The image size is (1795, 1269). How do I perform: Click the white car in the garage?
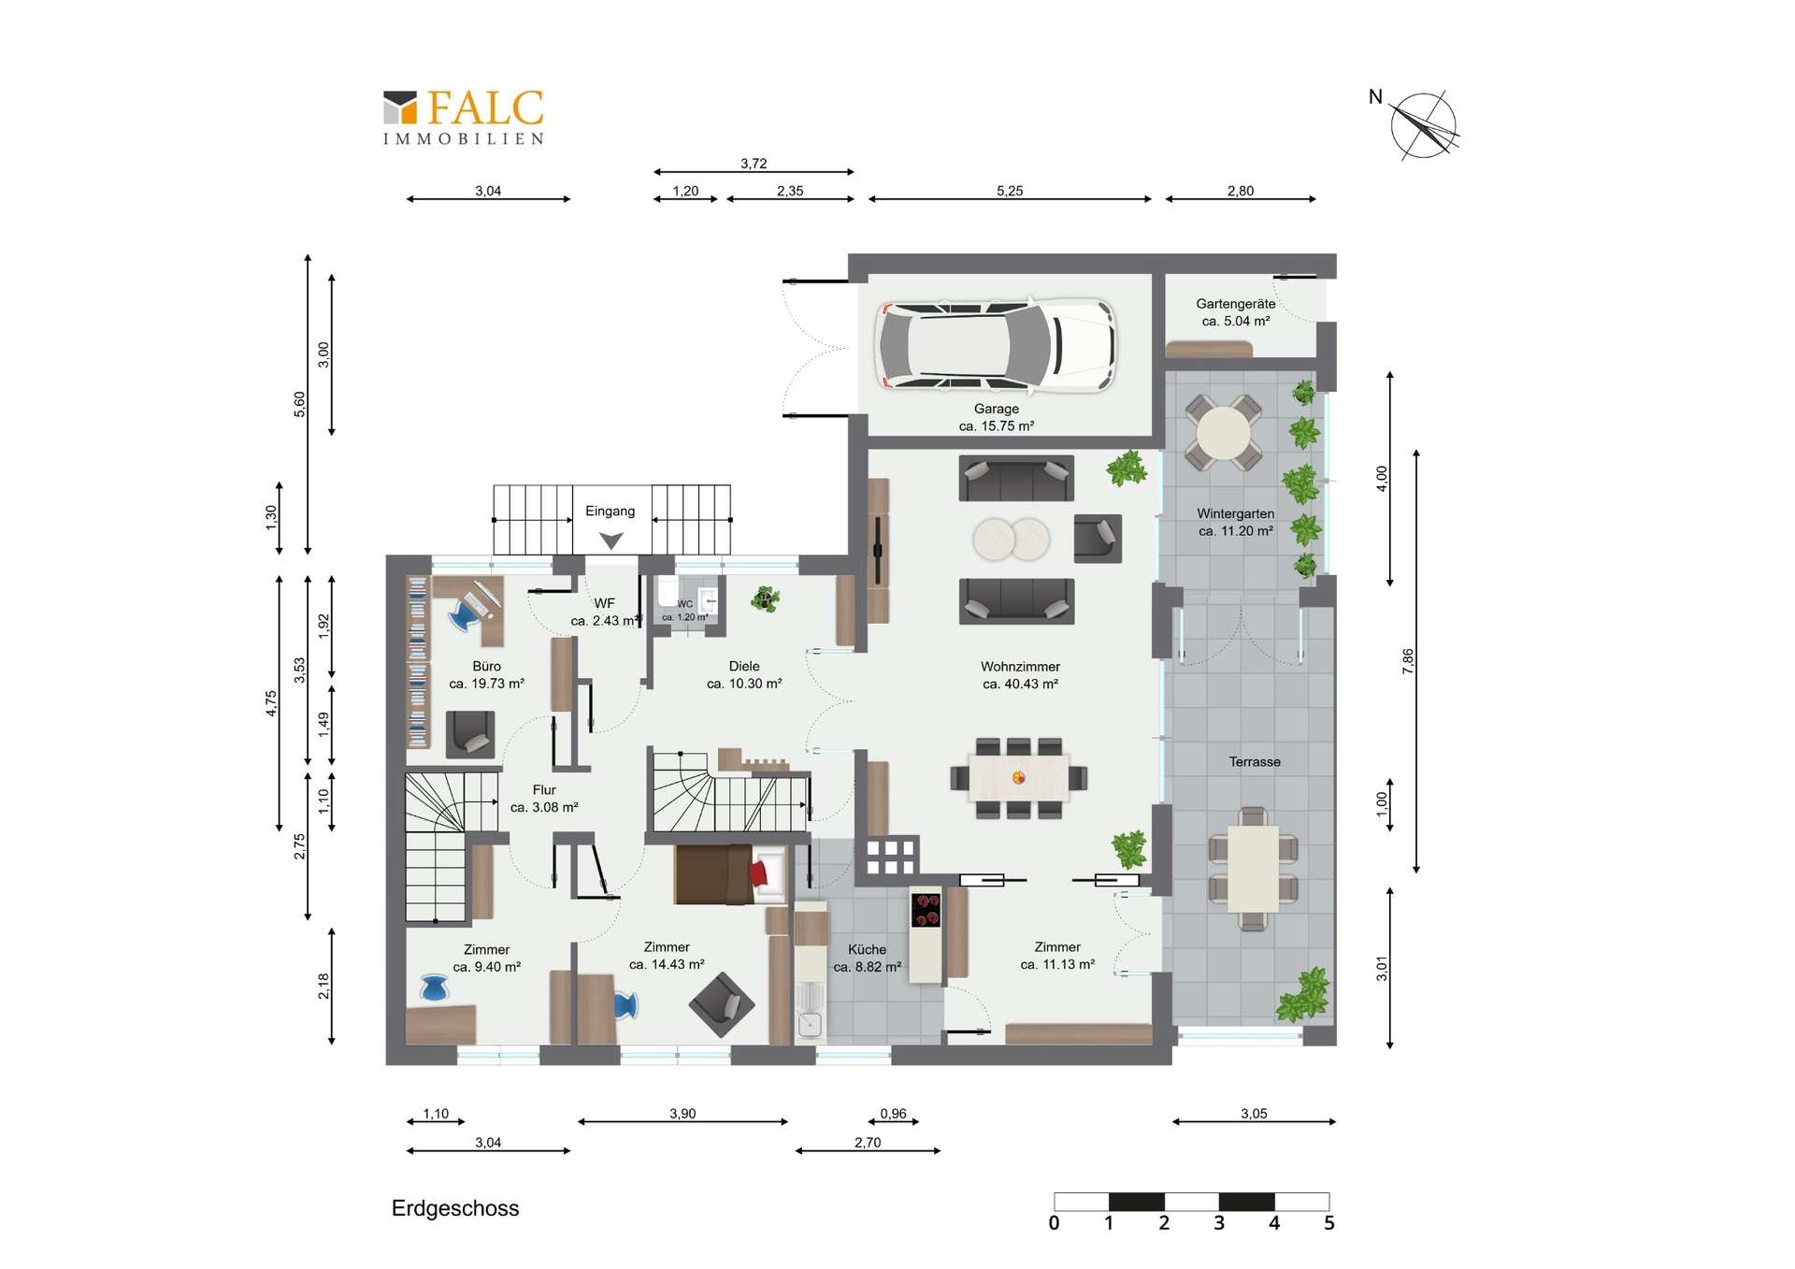click(996, 344)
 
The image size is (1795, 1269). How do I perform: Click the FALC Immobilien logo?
click(464, 117)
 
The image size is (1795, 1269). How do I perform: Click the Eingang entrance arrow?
click(610, 541)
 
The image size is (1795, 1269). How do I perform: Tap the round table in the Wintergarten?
click(1223, 433)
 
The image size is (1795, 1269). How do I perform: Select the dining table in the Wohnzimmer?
click(1019, 777)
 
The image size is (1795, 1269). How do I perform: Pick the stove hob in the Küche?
click(926, 910)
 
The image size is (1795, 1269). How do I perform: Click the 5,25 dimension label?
click(1010, 191)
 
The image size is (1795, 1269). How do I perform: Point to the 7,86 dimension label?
click(1408, 661)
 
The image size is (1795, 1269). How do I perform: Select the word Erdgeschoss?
click(455, 1208)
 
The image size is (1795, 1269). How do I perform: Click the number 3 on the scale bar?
click(1219, 1223)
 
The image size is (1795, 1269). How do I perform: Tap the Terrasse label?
click(1255, 762)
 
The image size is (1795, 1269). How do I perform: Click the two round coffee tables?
click(1011, 540)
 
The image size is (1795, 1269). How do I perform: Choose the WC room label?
click(685, 604)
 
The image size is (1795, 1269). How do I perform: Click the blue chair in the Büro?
click(464, 615)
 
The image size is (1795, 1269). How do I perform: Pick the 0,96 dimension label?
click(893, 1114)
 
